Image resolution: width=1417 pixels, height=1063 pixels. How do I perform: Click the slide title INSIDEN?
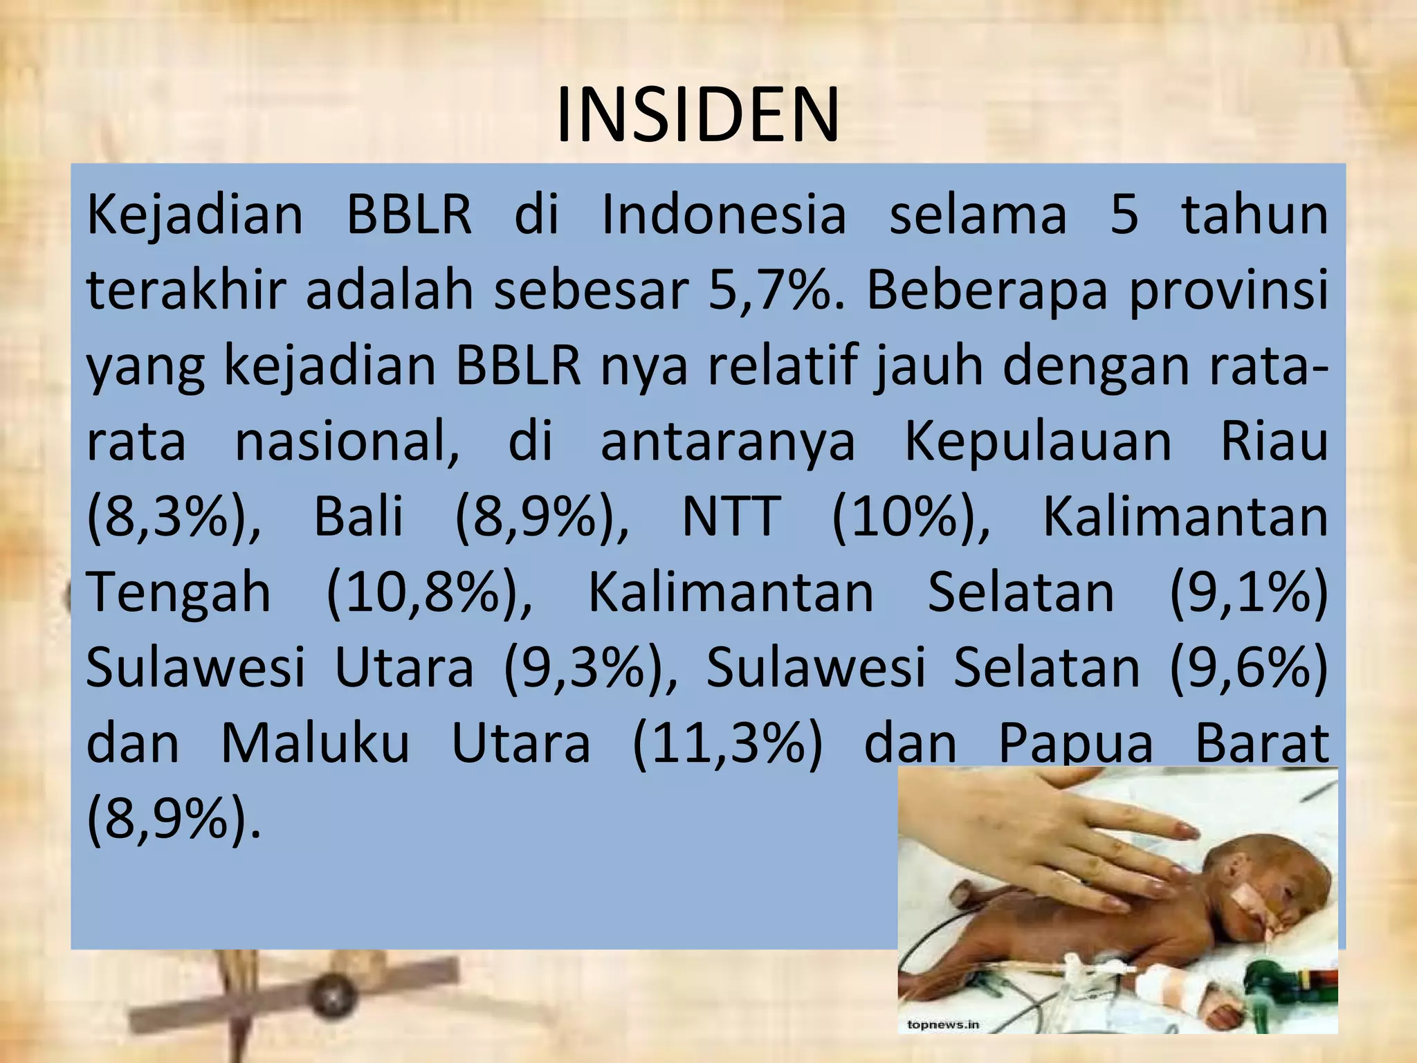(x=697, y=115)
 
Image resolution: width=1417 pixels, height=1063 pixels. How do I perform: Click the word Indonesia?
(x=724, y=214)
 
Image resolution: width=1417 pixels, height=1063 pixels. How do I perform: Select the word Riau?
(x=1274, y=441)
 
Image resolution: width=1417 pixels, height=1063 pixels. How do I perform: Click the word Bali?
(x=358, y=517)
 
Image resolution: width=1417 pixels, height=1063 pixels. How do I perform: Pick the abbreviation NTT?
(x=731, y=517)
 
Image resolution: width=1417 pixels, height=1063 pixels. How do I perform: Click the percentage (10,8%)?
(x=429, y=593)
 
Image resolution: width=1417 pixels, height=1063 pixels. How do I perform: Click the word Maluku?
(x=316, y=744)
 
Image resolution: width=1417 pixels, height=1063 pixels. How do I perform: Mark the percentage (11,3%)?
(x=728, y=745)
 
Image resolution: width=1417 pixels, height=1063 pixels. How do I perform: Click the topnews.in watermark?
(x=943, y=1025)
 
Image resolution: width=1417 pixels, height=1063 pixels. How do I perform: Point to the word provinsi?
(x=1229, y=291)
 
